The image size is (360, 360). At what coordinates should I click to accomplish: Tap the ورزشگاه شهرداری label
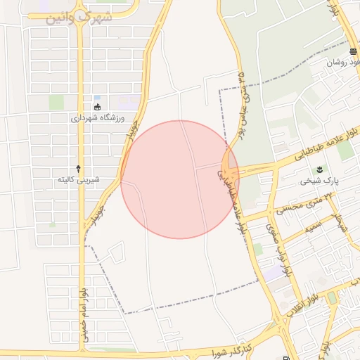(x=96, y=118)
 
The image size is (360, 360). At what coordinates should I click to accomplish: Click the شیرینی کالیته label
(x=78, y=180)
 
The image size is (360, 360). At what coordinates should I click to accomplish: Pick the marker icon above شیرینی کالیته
(x=78, y=168)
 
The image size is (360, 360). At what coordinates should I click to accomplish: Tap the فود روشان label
(x=343, y=63)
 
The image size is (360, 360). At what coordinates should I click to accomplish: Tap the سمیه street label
(x=312, y=229)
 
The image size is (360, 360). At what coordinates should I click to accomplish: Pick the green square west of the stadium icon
(x=56, y=102)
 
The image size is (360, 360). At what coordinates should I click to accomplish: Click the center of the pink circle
(x=179, y=179)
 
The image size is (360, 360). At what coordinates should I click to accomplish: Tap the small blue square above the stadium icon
(x=96, y=97)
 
